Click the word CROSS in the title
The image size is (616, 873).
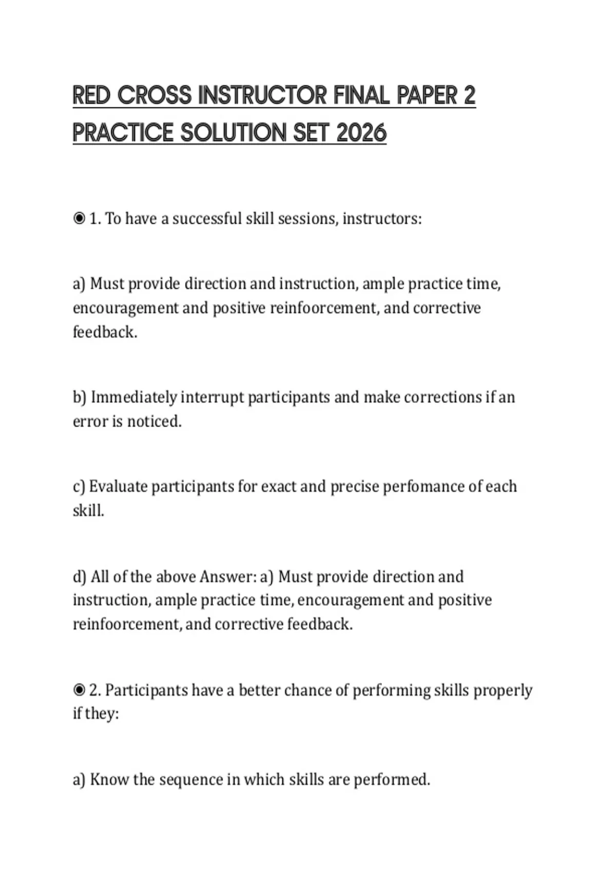click(x=155, y=96)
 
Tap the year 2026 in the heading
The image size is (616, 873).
click(x=361, y=133)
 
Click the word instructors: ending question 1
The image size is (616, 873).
click(x=382, y=219)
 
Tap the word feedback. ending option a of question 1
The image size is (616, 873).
click(x=105, y=332)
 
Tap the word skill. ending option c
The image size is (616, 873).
click(x=88, y=511)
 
